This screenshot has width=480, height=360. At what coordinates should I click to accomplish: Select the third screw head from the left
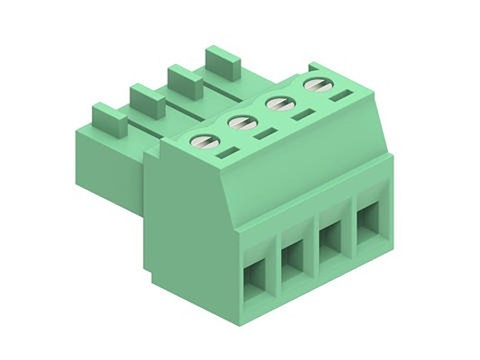[x=276, y=104]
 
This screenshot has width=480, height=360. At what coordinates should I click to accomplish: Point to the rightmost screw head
[x=313, y=86]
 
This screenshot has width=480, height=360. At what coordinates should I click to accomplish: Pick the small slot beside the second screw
[x=265, y=134]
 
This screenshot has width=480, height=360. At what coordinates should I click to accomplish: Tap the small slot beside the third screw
[x=302, y=115]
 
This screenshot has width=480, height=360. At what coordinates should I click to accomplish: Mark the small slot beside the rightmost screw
[x=340, y=95]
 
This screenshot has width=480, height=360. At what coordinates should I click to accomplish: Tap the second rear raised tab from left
[x=147, y=100]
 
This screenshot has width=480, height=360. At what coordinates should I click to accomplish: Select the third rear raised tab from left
[x=185, y=81]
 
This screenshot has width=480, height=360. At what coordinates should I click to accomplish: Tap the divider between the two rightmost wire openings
[x=349, y=230]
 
